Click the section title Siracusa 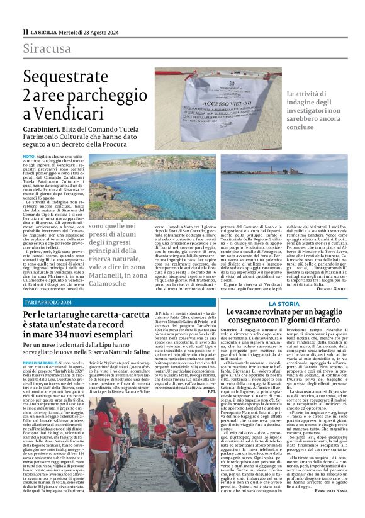point(47,48)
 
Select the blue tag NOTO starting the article point(29,155)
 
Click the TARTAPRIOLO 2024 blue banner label point(48,302)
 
